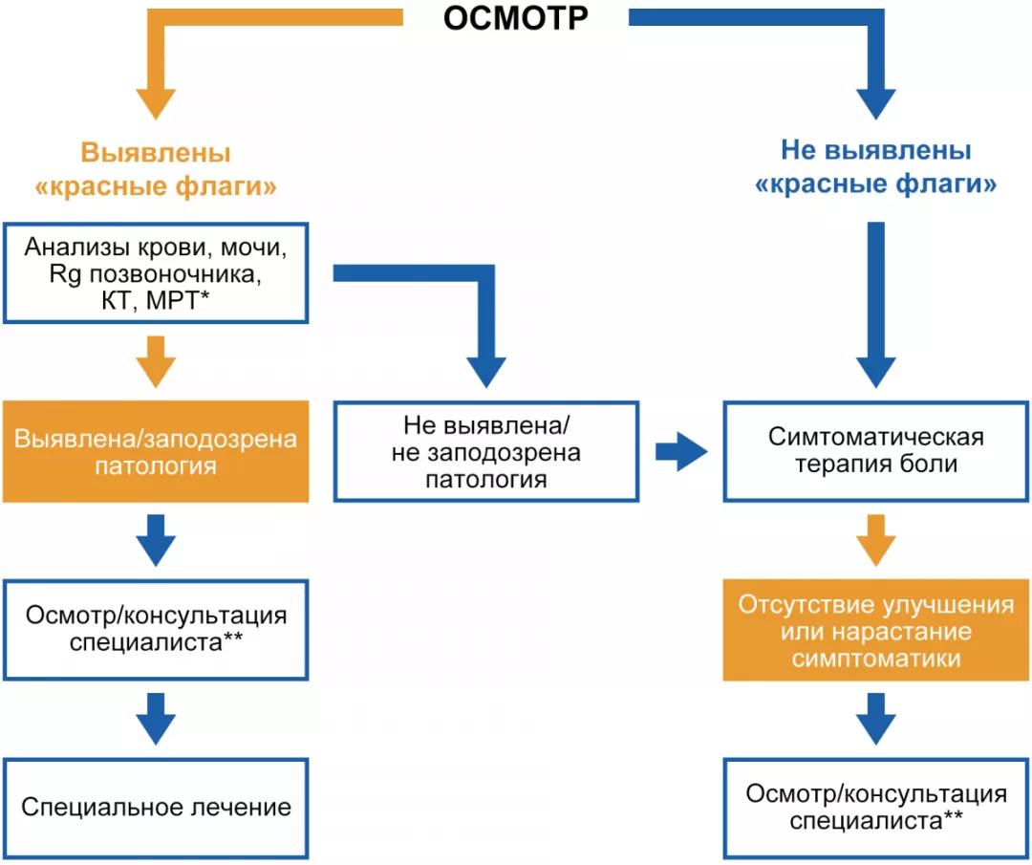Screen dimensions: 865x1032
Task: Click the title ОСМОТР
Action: (x=515, y=19)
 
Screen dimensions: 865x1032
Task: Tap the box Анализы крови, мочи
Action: (x=155, y=274)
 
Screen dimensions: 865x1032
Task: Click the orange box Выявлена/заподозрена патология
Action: (x=155, y=452)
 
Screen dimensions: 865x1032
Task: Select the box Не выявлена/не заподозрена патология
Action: (x=485, y=452)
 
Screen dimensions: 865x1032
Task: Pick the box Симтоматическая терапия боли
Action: (x=875, y=452)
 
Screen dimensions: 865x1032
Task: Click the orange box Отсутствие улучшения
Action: (x=875, y=632)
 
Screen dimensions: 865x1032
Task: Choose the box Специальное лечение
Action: (x=155, y=808)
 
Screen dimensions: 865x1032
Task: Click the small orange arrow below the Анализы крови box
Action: (x=155, y=360)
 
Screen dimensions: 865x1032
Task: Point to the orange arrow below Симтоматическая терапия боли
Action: (x=875, y=541)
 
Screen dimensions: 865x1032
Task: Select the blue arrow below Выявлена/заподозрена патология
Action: (x=155, y=540)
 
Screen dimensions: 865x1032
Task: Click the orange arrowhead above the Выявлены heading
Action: (x=155, y=100)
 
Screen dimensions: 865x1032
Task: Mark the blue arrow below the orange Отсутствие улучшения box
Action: (x=875, y=719)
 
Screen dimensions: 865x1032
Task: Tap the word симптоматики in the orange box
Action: (x=875, y=659)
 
